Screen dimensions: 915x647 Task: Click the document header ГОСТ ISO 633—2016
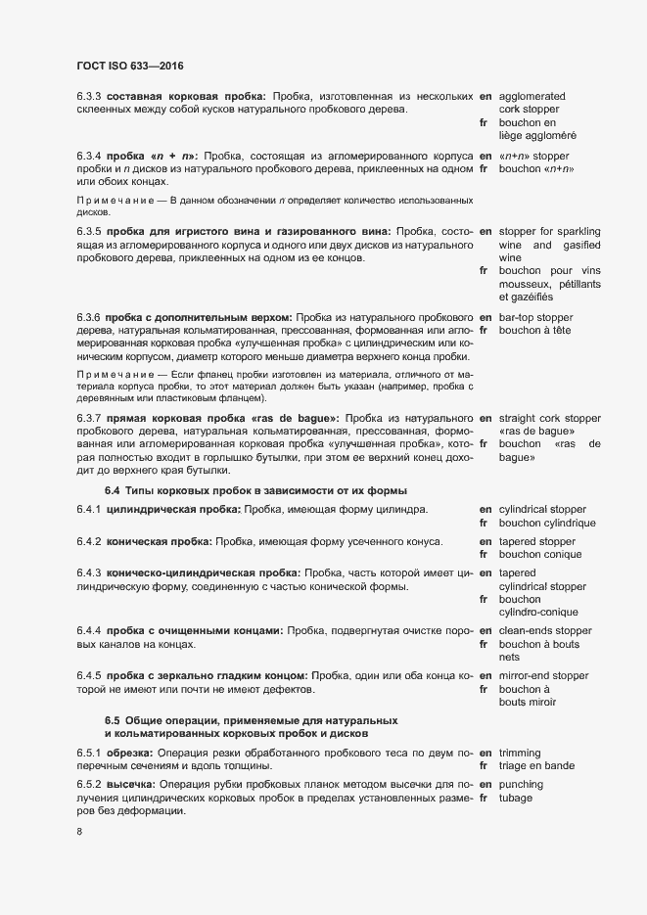129,66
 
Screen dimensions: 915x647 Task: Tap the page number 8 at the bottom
79,833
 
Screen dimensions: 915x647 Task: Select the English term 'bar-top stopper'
535,317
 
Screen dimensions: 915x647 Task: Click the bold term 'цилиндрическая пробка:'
168,510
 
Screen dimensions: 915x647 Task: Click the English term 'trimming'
521,752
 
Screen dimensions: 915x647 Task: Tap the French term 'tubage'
516,799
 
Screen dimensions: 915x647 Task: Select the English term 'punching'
522,785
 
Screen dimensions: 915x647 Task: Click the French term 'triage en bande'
536,765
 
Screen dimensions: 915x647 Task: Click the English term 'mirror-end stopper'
543,676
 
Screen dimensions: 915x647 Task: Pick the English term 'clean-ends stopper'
545,630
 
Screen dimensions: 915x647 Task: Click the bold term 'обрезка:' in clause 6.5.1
129,752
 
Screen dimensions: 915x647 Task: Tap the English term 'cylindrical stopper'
542,510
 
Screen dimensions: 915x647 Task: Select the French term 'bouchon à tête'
534,331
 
